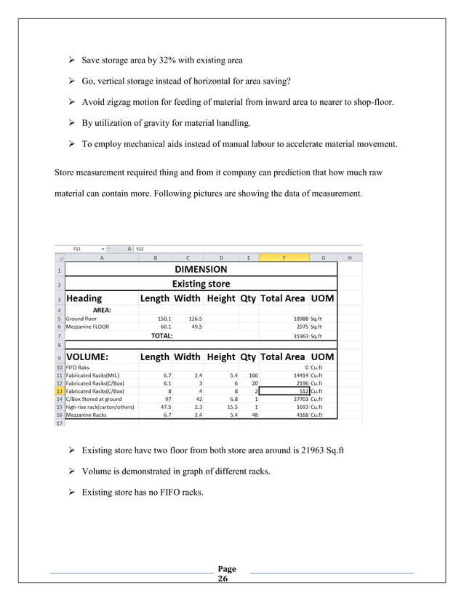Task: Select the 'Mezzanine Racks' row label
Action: point(87,415)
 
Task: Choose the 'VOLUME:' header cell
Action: point(88,357)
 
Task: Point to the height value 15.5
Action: point(229,407)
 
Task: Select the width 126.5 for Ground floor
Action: point(194,318)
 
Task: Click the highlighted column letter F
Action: point(284,257)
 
